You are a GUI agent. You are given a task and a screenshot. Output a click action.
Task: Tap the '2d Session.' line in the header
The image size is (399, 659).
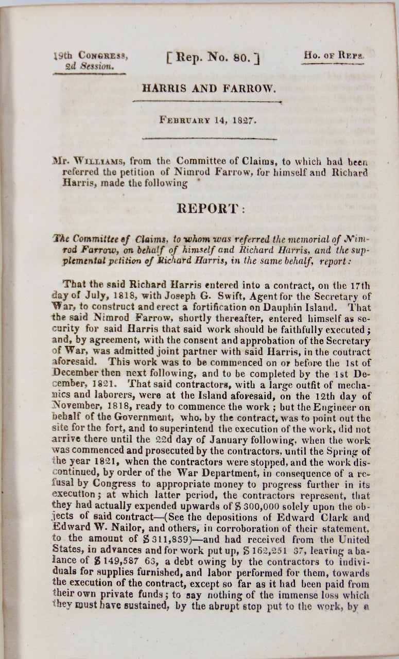tap(85, 66)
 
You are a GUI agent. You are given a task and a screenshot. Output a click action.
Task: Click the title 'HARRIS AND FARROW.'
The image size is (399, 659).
tap(209, 89)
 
